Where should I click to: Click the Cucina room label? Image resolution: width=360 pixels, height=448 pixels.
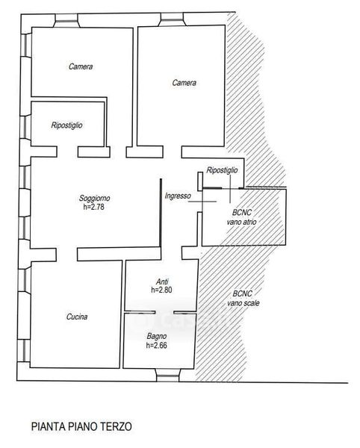click(77, 317)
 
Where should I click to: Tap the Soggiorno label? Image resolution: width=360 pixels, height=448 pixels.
click(94, 199)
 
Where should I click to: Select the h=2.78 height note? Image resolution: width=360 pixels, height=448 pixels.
click(93, 207)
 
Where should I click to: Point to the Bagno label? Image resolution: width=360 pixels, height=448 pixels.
click(157, 337)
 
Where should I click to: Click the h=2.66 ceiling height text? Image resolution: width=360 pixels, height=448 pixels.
click(157, 346)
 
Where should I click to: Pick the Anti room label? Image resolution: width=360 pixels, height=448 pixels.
click(162, 281)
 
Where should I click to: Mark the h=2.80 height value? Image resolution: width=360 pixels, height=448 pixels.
click(161, 290)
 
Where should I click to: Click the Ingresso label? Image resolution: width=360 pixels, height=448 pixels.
click(178, 196)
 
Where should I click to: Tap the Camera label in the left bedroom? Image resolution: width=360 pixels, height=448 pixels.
click(81, 66)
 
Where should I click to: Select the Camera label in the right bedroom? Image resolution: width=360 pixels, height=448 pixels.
click(184, 83)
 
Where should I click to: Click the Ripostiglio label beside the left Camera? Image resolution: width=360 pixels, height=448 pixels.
click(67, 125)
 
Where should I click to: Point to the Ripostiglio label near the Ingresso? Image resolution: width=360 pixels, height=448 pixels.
click(222, 170)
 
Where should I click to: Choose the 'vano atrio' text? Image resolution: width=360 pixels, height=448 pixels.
click(241, 222)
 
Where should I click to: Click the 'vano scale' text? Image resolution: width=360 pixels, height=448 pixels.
click(243, 303)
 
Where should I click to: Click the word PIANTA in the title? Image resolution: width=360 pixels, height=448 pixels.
click(49, 426)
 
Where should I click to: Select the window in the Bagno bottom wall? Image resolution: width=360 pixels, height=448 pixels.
click(168, 375)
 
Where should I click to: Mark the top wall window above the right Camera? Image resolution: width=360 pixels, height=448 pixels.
click(172, 19)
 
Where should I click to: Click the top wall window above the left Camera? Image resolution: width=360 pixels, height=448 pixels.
click(66, 21)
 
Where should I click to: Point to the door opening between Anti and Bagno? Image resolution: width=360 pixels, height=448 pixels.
click(164, 312)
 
